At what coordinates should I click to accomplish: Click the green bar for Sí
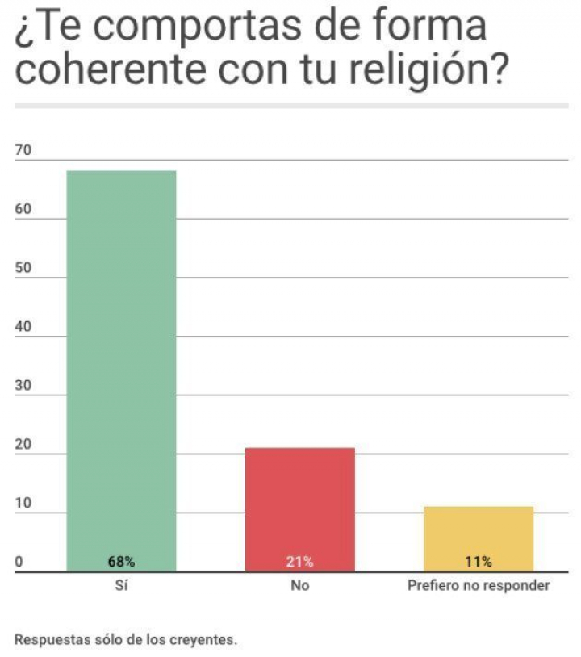(121, 363)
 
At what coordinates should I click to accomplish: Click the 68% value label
(121, 561)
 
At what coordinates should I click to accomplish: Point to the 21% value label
(299, 561)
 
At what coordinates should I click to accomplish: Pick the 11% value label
(479, 561)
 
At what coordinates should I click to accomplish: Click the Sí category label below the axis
(122, 586)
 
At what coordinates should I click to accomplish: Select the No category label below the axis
(299, 586)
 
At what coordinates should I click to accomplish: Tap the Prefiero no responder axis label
(479, 586)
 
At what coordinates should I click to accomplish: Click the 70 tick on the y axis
(22, 151)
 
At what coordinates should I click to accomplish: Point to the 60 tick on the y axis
(22, 210)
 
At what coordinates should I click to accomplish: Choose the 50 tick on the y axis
(22, 269)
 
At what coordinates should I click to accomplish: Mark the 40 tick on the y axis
(22, 328)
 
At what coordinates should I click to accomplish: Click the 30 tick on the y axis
(22, 387)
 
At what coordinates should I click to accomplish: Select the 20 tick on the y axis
(22, 446)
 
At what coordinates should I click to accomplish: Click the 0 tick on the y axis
(19, 563)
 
